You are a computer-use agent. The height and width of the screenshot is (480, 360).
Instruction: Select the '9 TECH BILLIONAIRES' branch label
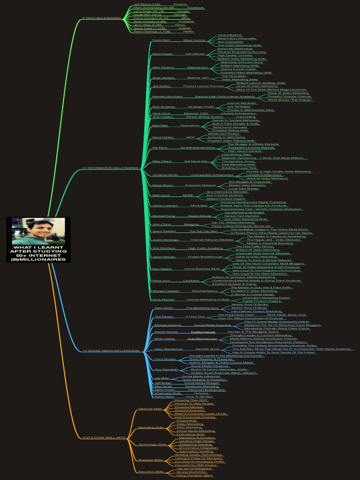point(101,18)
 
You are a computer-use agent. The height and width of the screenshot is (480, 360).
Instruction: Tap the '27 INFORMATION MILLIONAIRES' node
point(111,168)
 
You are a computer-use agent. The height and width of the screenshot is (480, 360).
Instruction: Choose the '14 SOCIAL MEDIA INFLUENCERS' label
point(111,350)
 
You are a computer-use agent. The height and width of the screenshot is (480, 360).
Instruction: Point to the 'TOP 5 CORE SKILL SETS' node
point(104,437)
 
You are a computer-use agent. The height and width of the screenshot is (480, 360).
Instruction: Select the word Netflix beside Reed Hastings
point(189,31)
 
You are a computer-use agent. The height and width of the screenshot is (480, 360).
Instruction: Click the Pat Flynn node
point(160,147)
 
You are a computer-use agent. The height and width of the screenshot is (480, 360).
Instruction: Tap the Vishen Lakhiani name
point(162,205)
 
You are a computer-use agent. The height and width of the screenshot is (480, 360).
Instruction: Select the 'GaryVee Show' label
point(207,349)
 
